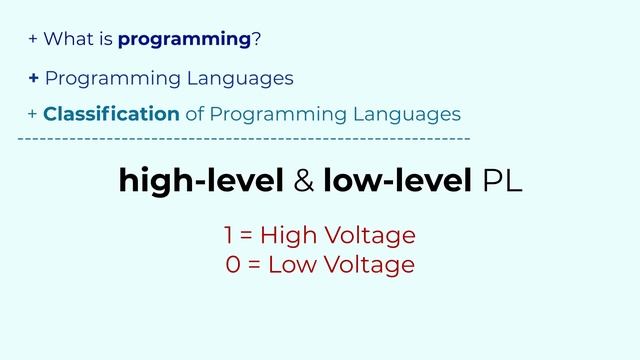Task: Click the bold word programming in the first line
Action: coord(184,40)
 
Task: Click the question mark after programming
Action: coord(256,40)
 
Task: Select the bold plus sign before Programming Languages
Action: coord(34,78)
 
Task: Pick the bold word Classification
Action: coord(111,114)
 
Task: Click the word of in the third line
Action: coord(194,114)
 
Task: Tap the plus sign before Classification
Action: coord(33,114)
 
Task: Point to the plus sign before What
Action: coord(33,40)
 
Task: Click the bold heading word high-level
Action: coord(202,181)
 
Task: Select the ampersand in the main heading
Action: coord(305,181)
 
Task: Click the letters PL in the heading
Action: coord(501,181)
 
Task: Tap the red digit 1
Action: coord(229,236)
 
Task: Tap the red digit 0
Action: coord(233,265)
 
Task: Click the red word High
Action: coord(286,236)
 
